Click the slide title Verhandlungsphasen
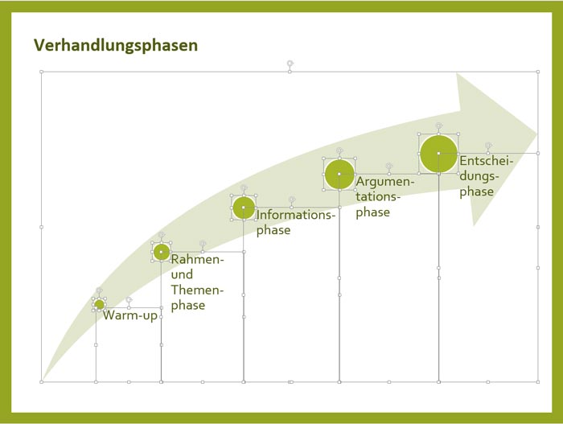(116, 46)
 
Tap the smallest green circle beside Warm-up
(99, 305)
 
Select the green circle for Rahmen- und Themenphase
(162, 252)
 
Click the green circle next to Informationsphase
(244, 208)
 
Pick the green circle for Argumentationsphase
(339, 175)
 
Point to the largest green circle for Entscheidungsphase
(438, 154)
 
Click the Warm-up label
(130, 315)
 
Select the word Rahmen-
(197, 259)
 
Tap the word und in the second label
(182, 274)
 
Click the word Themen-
(197, 290)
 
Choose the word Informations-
(295, 215)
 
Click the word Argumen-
(385, 182)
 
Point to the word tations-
(378, 196)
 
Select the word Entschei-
(487, 161)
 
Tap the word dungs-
(479, 176)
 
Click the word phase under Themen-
(187, 306)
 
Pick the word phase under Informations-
(273, 231)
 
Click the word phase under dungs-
(476, 191)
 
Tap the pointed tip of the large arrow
(536, 134)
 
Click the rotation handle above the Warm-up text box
(129, 300)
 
